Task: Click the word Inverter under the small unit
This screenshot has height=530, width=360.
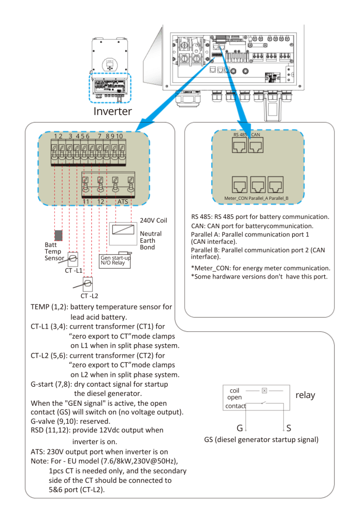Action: pyautogui.click(x=112, y=111)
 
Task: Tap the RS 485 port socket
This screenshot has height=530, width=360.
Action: pyautogui.click(x=239, y=145)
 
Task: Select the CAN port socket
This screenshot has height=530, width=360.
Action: pyautogui.click(x=255, y=145)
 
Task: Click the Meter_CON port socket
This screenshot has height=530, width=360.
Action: pyautogui.click(x=239, y=185)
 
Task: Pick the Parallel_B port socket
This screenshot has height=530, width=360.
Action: pyautogui.click(x=276, y=185)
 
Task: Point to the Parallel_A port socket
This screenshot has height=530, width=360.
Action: pyautogui.click(x=257, y=185)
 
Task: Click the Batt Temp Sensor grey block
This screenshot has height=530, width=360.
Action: pyautogui.click(x=58, y=235)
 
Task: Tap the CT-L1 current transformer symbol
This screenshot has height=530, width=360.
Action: pyautogui.click(x=73, y=259)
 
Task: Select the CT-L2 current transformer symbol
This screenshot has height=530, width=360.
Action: pyautogui.click(x=88, y=284)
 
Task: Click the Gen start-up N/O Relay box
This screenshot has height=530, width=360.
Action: pyautogui.click(x=114, y=261)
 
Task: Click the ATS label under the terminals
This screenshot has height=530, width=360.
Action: pyautogui.click(x=122, y=202)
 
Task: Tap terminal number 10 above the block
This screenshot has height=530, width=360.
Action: pyautogui.click(x=120, y=136)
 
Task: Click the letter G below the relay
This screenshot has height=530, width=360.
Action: pyautogui.click(x=239, y=428)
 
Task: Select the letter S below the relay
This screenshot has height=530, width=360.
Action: pyautogui.click(x=289, y=428)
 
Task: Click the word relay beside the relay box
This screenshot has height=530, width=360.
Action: pyautogui.click(x=305, y=395)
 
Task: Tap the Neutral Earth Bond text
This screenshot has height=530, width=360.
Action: pyautogui.click(x=151, y=240)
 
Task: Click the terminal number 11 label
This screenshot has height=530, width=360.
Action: pyautogui.click(x=87, y=202)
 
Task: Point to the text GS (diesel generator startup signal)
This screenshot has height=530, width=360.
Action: pyautogui.click(x=261, y=439)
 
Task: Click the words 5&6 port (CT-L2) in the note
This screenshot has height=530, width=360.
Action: pyautogui.click(x=77, y=490)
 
